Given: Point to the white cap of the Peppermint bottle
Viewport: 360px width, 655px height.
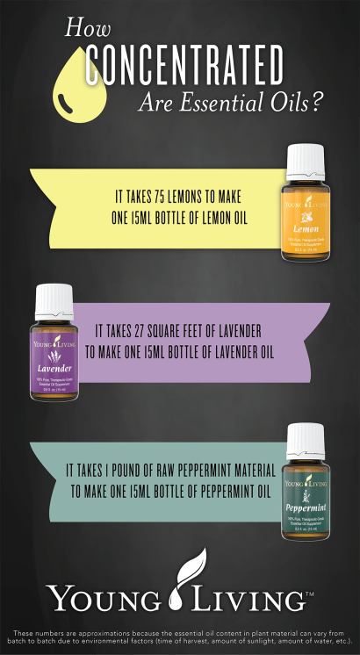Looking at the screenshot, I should click(x=306, y=437).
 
